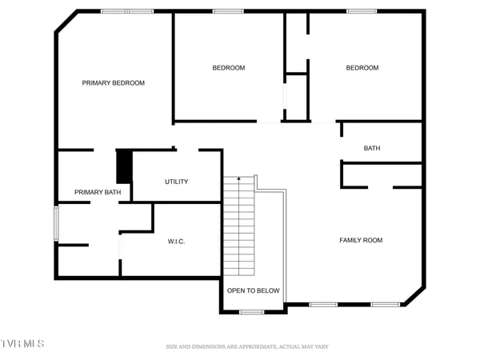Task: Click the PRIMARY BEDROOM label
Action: coord(114,82)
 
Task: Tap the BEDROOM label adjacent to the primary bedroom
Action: coord(228,68)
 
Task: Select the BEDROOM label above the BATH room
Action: coord(362,68)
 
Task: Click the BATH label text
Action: coord(372,148)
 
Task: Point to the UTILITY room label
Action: coord(176,182)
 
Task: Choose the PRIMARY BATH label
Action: coord(98,192)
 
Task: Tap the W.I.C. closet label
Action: coord(176,242)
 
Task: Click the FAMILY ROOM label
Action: coord(361,240)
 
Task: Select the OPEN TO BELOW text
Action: coord(253,290)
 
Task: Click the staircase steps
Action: coord(238,224)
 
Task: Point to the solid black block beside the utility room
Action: coord(124,166)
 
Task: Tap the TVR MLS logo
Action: coord(22,343)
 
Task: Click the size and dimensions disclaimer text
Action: coord(246,346)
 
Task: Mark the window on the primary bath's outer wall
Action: coord(55,222)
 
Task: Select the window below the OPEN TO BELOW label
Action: coord(252,311)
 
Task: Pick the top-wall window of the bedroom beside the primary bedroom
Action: coord(228,11)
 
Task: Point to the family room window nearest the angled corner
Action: coord(386,305)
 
